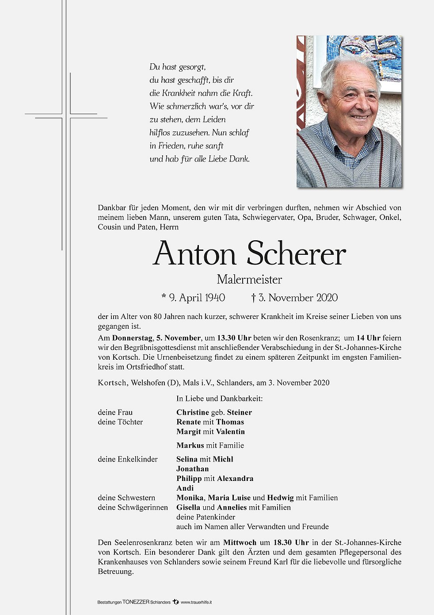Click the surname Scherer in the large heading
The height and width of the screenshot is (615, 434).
click(x=296, y=254)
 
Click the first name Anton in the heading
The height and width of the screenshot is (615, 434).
click(x=194, y=254)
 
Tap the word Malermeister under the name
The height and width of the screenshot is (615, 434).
click(x=249, y=280)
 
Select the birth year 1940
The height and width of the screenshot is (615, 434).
click(x=215, y=298)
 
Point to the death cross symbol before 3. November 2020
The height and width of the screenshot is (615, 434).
click(x=254, y=298)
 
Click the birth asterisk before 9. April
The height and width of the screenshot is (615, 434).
click(x=164, y=297)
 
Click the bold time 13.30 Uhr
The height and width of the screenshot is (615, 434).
click(x=234, y=338)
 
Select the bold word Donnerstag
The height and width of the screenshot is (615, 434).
click(x=132, y=338)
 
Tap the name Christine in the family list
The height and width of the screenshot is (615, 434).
click(x=193, y=412)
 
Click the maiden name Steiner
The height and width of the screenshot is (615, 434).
click(x=240, y=412)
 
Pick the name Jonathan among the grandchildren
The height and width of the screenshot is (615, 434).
click(x=193, y=469)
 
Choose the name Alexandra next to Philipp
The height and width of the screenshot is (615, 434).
click(x=235, y=479)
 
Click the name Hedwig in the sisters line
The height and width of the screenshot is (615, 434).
click(x=280, y=498)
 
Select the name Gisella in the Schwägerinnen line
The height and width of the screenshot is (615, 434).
click(x=188, y=507)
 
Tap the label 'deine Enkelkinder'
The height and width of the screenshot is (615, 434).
click(x=128, y=459)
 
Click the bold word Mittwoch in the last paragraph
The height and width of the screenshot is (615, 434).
click(x=240, y=542)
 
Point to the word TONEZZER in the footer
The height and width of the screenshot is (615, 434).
click(x=136, y=602)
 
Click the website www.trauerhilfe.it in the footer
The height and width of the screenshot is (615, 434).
click(x=196, y=602)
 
